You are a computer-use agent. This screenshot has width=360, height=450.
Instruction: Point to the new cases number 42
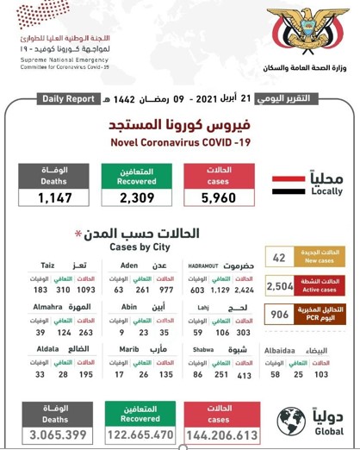click(x=278, y=257)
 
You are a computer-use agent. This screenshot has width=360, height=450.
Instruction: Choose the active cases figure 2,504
click(x=281, y=286)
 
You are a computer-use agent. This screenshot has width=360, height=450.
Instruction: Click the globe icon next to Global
click(x=291, y=422)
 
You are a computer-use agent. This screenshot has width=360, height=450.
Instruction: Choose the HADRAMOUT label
click(x=204, y=266)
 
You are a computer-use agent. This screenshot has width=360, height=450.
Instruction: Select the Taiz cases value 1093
click(x=87, y=292)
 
